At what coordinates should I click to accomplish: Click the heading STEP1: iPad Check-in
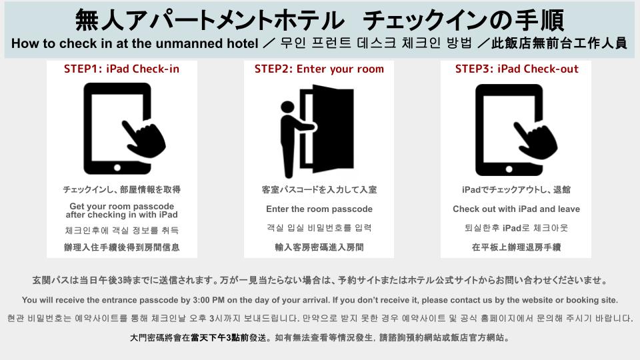click(121, 69)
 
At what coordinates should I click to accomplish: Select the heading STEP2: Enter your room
click(319, 69)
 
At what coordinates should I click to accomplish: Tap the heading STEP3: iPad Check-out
click(517, 69)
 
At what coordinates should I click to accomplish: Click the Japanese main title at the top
click(319, 20)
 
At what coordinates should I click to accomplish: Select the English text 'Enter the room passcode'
click(319, 209)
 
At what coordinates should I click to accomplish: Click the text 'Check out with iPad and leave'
click(516, 209)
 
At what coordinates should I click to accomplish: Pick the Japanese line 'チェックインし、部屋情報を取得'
click(121, 190)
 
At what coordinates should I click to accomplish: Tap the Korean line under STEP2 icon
click(319, 228)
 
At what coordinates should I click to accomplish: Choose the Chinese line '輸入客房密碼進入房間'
click(319, 247)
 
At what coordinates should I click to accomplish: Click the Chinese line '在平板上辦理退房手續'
click(516, 247)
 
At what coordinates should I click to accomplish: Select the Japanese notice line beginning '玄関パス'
click(319, 280)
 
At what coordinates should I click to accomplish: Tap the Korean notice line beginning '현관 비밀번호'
click(319, 319)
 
